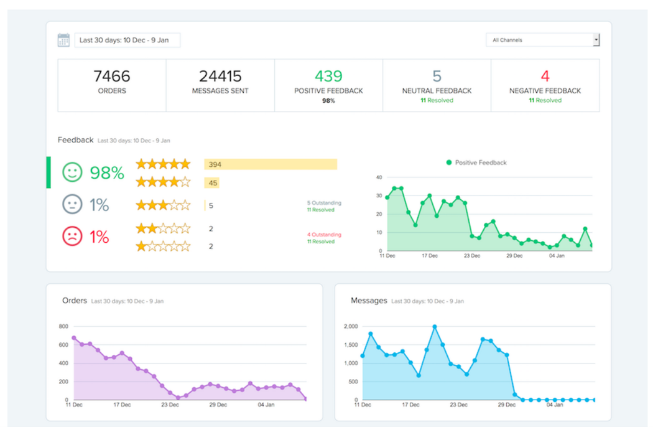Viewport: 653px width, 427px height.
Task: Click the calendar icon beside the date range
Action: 63,40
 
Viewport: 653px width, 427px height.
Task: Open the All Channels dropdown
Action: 542,40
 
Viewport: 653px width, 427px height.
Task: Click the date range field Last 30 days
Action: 127,40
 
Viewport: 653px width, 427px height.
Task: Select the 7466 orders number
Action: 112,76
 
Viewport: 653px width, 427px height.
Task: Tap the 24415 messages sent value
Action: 220,76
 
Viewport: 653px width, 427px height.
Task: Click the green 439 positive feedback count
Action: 328,76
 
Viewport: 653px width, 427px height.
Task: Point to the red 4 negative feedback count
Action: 545,76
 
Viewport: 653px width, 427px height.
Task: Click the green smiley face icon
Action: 72,172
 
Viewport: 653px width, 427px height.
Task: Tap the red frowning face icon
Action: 72,237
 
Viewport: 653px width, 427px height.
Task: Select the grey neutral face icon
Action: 72,204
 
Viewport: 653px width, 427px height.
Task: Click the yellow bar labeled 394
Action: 271,164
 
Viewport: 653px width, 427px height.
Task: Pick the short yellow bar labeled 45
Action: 211,183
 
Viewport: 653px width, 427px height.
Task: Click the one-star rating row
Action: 163,246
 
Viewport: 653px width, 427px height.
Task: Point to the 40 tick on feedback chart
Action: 377,177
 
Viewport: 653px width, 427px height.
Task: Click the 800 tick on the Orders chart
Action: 63,326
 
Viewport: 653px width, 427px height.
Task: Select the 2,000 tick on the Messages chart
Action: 351,326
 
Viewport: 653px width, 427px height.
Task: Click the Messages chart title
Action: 369,301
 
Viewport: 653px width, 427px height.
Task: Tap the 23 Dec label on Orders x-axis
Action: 170,405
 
